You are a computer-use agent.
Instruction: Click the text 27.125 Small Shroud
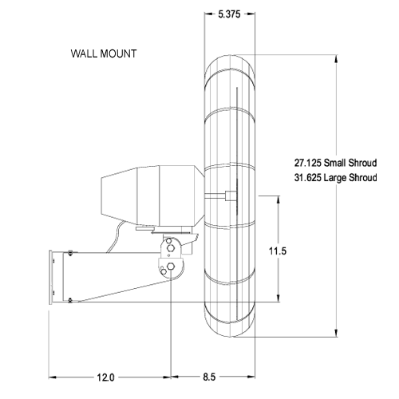click(x=334, y=162)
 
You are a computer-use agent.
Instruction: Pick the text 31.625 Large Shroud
click(x=334, y=177)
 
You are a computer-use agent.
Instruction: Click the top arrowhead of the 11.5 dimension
click(x=277, y=196)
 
